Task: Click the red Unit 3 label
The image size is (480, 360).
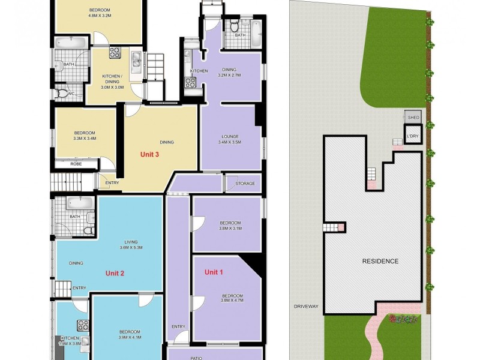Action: (x=149, y=154)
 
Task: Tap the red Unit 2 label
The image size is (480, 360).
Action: (x=115, y=273)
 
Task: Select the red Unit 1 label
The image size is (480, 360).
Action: (x=214, y=272)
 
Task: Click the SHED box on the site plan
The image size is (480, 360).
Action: (x=413, y=117)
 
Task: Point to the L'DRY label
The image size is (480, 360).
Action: (x=413, y=137)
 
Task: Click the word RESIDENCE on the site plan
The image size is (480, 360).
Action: (x=380, y=261)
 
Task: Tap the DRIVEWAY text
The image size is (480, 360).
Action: (x=306, y=306)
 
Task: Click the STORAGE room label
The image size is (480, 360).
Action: (x=245, y=184)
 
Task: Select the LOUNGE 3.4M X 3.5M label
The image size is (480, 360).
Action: (x=231, y=139)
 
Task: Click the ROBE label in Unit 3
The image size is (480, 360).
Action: (x=76, y=163)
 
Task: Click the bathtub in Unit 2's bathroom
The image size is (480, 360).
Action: (x=77, y=203)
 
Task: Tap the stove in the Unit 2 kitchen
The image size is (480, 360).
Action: (x=83, y=326)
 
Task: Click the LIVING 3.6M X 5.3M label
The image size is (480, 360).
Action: (x=130, y=244)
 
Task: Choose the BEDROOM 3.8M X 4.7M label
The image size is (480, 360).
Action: (x=232, y=299)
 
